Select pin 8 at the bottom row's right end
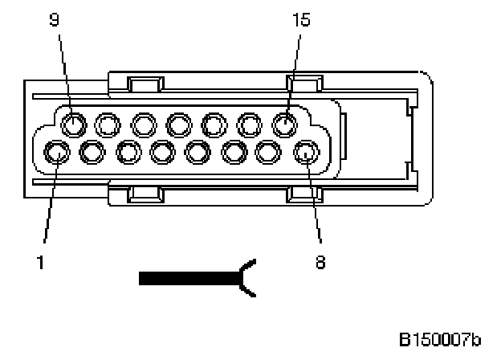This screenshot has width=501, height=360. tap(305, 151)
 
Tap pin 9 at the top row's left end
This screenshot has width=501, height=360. tap(74, 124)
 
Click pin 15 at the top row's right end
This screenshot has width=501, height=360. tap(284, 124)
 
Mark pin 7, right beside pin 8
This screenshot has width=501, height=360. tap(270, 151)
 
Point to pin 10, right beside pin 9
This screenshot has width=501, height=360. tap(108, 124)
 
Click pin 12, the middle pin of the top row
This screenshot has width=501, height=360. tap(179, 124)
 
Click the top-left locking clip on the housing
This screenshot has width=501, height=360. tap(145, 84)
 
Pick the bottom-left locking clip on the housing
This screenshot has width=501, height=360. tap(145, 194)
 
